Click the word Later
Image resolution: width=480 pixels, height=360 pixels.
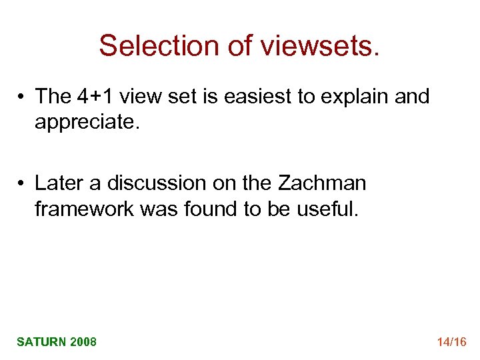[58, 182]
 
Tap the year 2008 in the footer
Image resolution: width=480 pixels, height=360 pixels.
[83, 342]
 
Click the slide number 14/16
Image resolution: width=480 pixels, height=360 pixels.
[451, 342]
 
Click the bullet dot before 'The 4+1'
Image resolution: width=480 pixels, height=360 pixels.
[23, 97]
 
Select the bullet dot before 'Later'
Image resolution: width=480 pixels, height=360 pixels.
[23, 183]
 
